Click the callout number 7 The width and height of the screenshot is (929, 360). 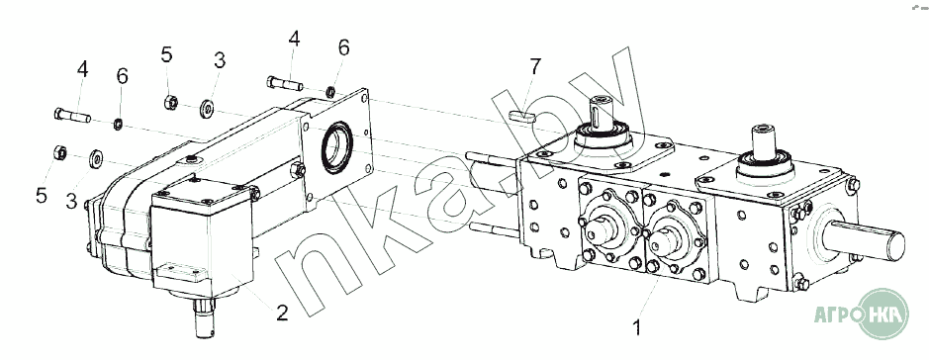click(x=535, y=67)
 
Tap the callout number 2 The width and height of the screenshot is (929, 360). click(x=282, y=313)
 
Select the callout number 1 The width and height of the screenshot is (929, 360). click(x=637, y=327)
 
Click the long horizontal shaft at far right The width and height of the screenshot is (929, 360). click(x=864, y=238)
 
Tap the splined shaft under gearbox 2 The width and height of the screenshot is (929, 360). click(x=204, y=317)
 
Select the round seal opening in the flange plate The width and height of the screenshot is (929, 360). click(x=337, y=146)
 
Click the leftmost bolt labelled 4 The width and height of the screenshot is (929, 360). click(x=72, y=115)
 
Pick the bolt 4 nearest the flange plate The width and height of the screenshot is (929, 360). click(x=285, y=83)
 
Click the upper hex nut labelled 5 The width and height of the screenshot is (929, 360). click(x=171, y=103)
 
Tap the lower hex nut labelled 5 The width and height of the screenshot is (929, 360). click(x=60, y=152)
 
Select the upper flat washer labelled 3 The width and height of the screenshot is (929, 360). click(x=207, y=109)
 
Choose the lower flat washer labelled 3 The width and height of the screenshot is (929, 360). click(x=95, y=158)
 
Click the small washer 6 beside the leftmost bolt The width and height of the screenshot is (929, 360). click(x=119, y=124)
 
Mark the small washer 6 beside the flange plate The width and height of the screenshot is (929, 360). click(x=330, y=91)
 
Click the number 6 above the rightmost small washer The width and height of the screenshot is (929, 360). click(x=343, y=46)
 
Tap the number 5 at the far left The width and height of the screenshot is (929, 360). click(x=41, y=195)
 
